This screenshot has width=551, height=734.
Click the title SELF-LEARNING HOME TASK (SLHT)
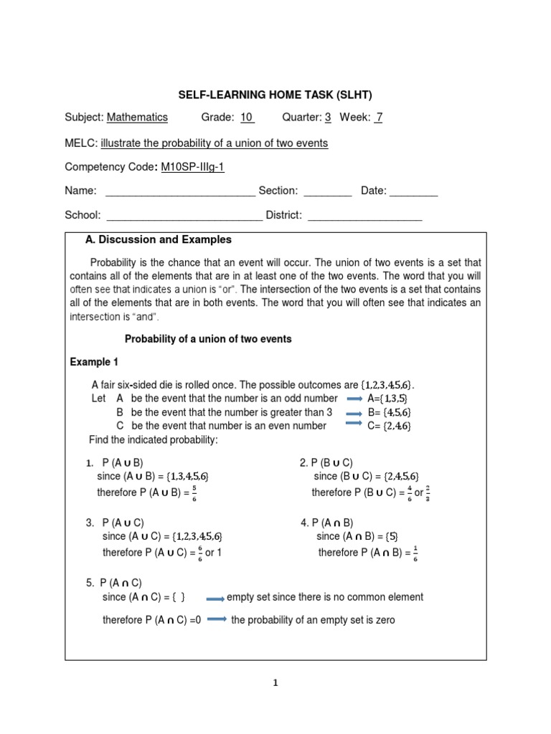[x=275, y=94]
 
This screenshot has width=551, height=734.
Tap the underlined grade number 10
[x=247, y=118]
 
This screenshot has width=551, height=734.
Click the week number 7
[x=379, y=118]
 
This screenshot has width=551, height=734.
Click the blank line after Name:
[x=180, y=191]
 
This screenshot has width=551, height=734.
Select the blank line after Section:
[x=327, y=191]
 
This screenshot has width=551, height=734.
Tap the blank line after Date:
[x=413, y=191]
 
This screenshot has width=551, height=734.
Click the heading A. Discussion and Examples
[x=159, y=239]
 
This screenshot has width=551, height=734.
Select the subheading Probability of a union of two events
[x=208, y=339]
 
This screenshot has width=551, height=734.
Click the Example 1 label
[x=90, y=362]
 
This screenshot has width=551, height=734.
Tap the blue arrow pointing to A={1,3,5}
[x=354, y=399]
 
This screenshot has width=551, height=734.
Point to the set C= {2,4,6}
[x=390, y=426]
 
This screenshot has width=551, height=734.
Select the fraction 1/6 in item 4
[x=415, y=553]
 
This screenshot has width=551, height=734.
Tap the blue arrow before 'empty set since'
[x=215, y=598]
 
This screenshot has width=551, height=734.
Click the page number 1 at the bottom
[x=275, y=683]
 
